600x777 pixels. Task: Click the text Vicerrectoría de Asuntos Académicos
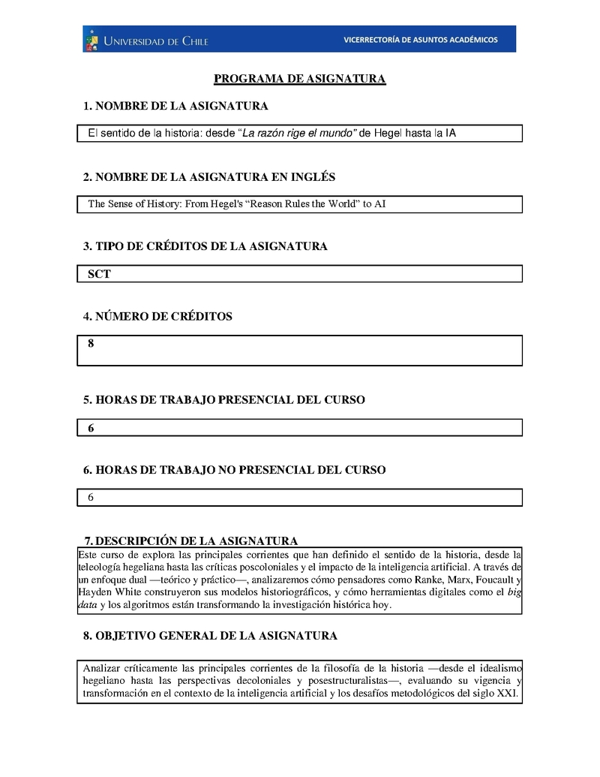(420, 40)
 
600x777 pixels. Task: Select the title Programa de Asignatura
(300, 79)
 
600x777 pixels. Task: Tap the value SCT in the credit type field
(99, 274)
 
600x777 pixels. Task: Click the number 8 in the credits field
(91, 344)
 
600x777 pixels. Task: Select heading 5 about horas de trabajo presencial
(224, 400)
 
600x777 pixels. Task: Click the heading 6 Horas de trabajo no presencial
(234, 470)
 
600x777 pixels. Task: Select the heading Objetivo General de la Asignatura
(210, 636)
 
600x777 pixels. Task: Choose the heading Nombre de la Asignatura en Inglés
(209, 177)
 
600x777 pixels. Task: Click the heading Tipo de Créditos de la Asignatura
(205, 246)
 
